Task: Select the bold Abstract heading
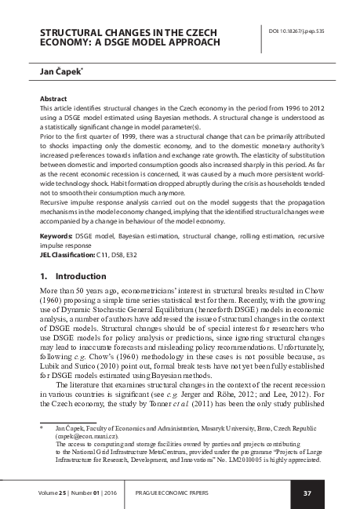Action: tap(53, 100)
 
